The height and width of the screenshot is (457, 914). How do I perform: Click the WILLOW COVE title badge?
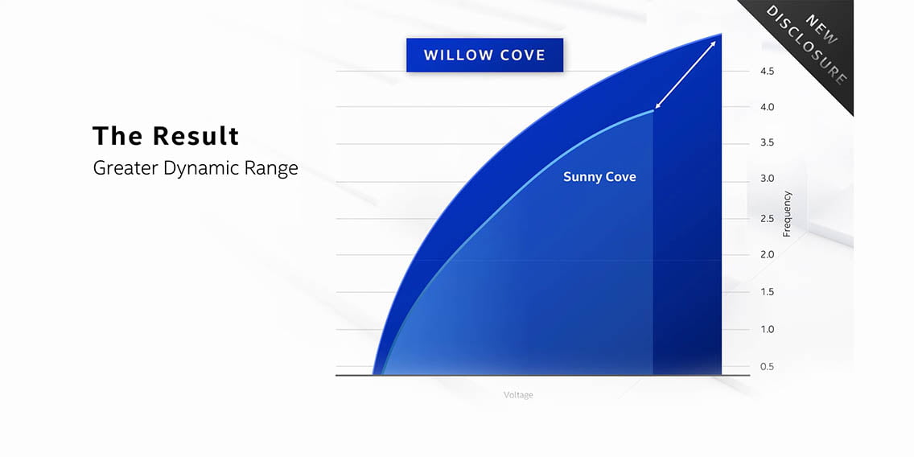click(484, 56)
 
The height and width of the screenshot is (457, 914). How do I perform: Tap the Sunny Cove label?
click(599, 177)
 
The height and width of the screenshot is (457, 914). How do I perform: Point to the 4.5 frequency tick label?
click(767, 72)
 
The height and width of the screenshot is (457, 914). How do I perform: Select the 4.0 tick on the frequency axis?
click(767, 107)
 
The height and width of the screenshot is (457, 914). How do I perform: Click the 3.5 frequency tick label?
click(767, 143)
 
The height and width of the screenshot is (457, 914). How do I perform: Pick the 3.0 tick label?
click(767, 179)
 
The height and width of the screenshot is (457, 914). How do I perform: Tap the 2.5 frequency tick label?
click(767, 219)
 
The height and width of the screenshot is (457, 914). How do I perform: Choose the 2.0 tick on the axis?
click(767, 255)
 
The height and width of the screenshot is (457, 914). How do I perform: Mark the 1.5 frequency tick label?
click(767, 292)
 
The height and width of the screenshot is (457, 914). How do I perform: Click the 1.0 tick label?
click(767, 329)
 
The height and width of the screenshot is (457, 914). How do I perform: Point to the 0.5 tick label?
click(767, 367)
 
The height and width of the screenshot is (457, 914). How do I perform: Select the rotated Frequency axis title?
click(787, 214)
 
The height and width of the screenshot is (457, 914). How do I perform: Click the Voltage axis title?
click(518, 395)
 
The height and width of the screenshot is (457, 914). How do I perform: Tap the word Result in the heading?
click(196, 136)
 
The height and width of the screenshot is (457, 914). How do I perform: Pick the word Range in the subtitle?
click(272, 168)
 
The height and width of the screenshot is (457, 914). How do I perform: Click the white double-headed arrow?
click(685, 75)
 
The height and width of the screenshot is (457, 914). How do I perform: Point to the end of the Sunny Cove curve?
click(653, 110)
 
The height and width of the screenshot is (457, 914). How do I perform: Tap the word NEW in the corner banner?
click(821, 29)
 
